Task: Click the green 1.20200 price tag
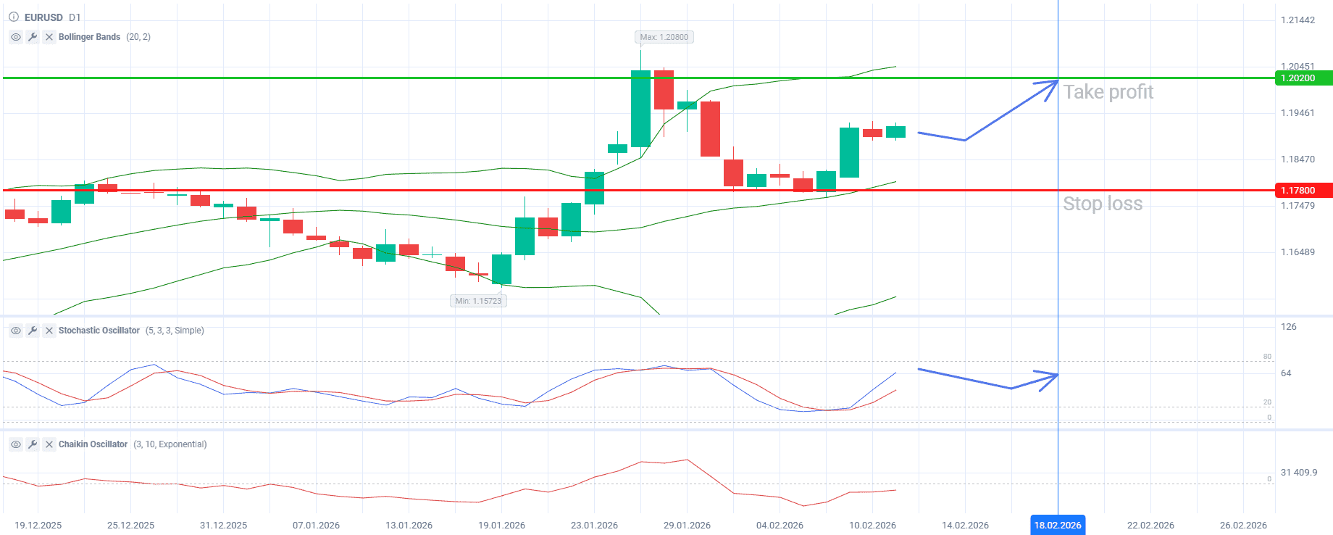pyautogui.click(x=1303, y=78)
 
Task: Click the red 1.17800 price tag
pyautogui.click(x=1303, y=191)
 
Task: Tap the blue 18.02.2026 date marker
pyautogui.click(x=1057, y=525)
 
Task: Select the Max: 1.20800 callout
pyautogui.click(x=664, y=37)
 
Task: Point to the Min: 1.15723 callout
pyautogui.click(x=478, y=301)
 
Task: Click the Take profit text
pyautogui.click(x=1108, y=92)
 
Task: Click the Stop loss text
pyautogui.click(x=1102, y=204)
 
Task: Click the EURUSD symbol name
pyautogui.click(x=43, y=17)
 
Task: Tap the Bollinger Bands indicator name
pyautogui.click(x=89, y=37)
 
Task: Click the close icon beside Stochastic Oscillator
pyautogui.click(x=49, y=331)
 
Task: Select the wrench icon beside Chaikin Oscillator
pyautogui.click(x=33, y=444)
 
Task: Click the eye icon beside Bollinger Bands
pyautogui.click(x=16, y=37)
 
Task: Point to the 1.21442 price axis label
pyautogui.click(x=1298, y=20)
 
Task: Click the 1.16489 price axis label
pyautogui.click(x=1298, y=252)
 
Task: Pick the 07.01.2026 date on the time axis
pyautogui.click(x=316, y=525)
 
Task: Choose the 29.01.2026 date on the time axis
pyautogui.click(x=687, y=525)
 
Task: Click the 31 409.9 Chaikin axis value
pyautogui.click(x=1298, y=473)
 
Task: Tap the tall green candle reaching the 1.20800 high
pyautogui.click(x=640, y=109)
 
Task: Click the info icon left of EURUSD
pyautogui.click(x=13, y=17)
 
